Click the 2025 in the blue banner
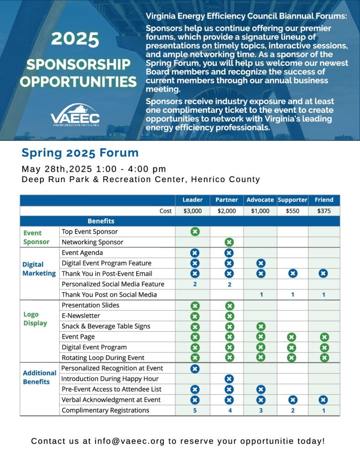(75, 40)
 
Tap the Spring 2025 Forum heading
(80, 152)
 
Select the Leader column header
(193, 200)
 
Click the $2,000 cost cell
(227, 211)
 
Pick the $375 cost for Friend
(324, 211)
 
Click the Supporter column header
(292, 200)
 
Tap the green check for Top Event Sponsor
(195, 232)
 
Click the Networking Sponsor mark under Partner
(229, 242)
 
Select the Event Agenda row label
(82, 253)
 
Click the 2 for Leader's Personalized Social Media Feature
(195, 284)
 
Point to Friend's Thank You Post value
(324, 294)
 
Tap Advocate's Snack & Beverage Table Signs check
(260, 326)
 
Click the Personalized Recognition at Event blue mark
(195, 368)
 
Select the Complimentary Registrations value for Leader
(195, 410)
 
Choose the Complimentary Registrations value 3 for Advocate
(260, 410)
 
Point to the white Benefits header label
(101, 221)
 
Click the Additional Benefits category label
(39, 377)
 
